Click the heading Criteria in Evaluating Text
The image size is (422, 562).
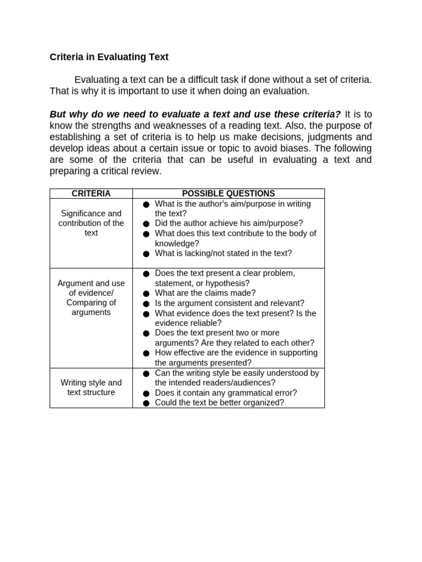click(109, 57)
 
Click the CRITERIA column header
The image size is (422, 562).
click(91, 194)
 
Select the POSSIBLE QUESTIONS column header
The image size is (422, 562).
click(228, 194)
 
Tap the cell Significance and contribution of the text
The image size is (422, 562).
click(91, 223)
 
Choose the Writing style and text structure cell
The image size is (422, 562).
click(91, 387)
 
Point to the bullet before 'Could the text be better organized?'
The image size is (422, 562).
click(146, 403)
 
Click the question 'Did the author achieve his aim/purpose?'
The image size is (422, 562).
click(229, 223)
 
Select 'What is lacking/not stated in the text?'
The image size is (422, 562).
click(223, 254)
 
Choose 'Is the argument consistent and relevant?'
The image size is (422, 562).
click(229, 304)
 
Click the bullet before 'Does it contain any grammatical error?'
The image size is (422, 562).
click(146, 394)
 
